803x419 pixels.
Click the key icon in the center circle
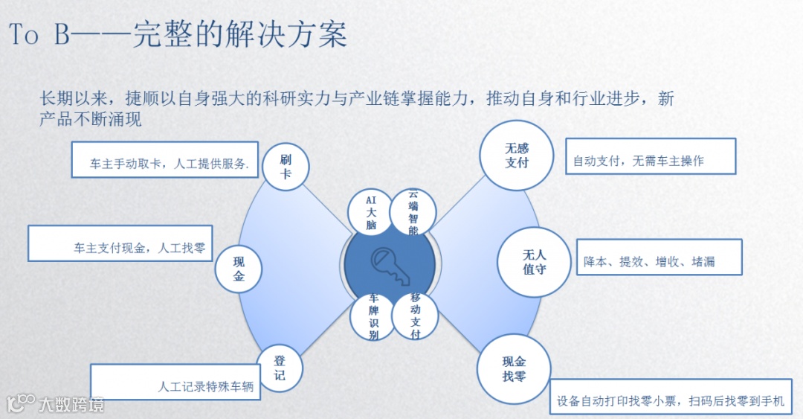(x=389, y=265)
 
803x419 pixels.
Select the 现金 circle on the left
(x=239, y=269)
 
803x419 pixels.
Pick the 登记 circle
(x=280, y=368)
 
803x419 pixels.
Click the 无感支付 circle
(x=517, y=155)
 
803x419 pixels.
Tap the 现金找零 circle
(x=514, y=368)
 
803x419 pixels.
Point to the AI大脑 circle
(x=371, y=212)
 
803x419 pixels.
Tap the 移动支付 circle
(x=415, y=316)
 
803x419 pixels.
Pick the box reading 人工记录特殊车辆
(x=175, y=382)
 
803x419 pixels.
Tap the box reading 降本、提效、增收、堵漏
(x=659, y=258)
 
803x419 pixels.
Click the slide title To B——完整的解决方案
(x=178, y=35)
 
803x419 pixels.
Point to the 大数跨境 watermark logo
(x=56, y=403)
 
